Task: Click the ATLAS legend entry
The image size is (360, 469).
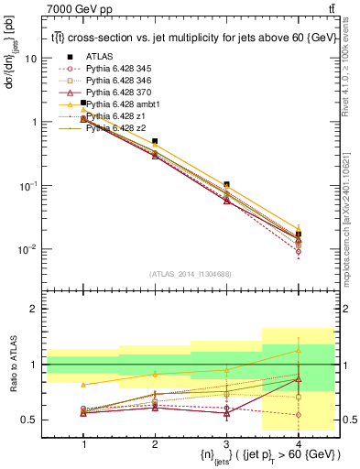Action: click(100, 57)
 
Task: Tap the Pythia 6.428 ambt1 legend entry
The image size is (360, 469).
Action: click(125, 104)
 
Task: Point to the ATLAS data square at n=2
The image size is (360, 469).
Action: click(155, 142)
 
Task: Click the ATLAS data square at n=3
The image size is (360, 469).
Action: click(226, 185)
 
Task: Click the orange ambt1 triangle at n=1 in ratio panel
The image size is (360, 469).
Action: click(84, 385)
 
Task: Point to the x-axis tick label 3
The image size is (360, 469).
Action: click(226, 443)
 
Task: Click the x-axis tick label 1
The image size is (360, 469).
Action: click(84, 443)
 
